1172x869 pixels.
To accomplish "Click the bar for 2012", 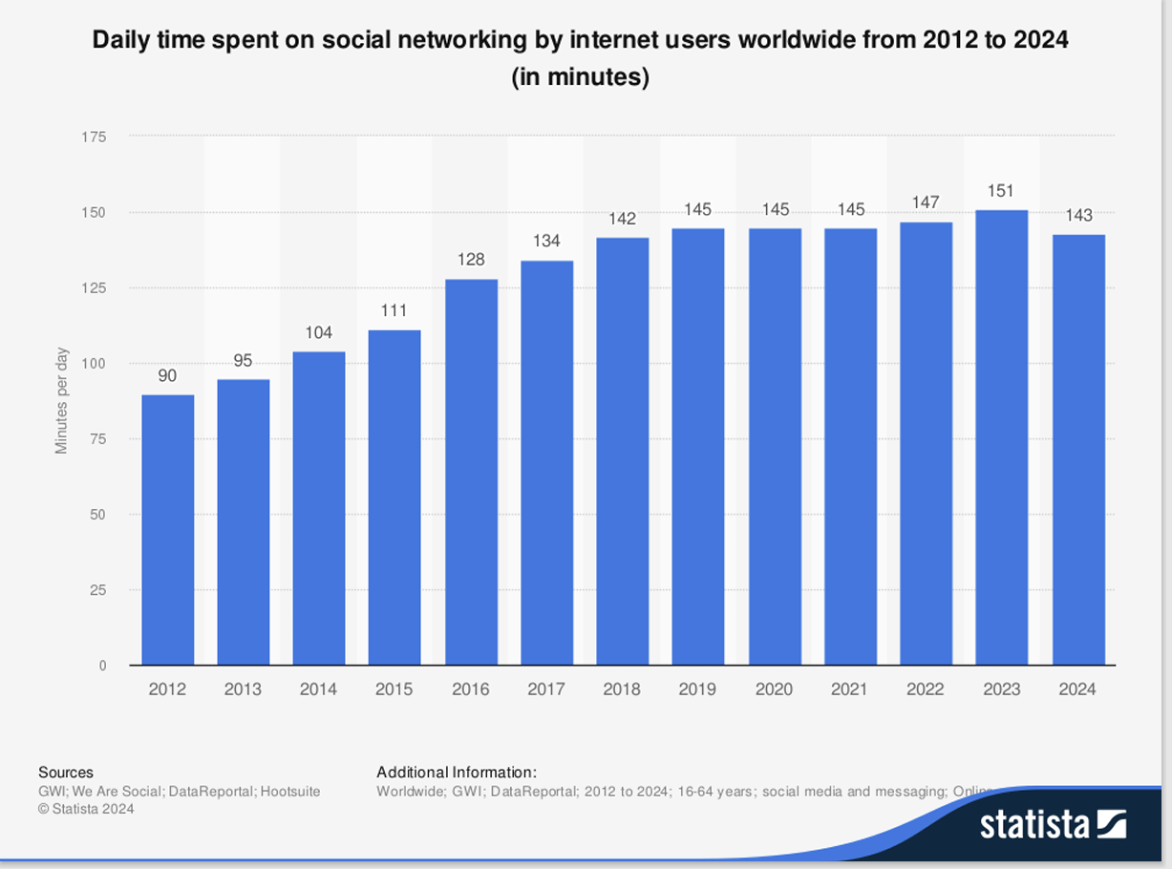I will click(x=168, y=530).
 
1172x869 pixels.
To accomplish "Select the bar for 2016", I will click(x=471, y=472).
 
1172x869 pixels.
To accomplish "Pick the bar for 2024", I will click(x=1078, y=450).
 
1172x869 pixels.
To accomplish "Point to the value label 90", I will click(x=167, y=376).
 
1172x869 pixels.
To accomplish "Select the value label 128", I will click(x=471, y=260).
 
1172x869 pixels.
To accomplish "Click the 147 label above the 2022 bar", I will click(x=926, y=202).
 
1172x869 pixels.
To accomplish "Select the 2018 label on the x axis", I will click(x=622, y=689).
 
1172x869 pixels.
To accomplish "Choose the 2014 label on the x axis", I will click(x=318, y=689).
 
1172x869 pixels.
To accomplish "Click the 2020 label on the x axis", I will click(x=774, y=689).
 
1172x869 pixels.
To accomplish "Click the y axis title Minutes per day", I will click(x=62, y=400).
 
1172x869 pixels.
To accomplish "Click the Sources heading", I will click(x=66, y=773).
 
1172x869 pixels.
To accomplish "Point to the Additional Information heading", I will click(x=457, y=773).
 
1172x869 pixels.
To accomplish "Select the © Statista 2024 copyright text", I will click(x=86, y=809).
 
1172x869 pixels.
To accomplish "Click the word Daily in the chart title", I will click(x=120, y=41).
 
